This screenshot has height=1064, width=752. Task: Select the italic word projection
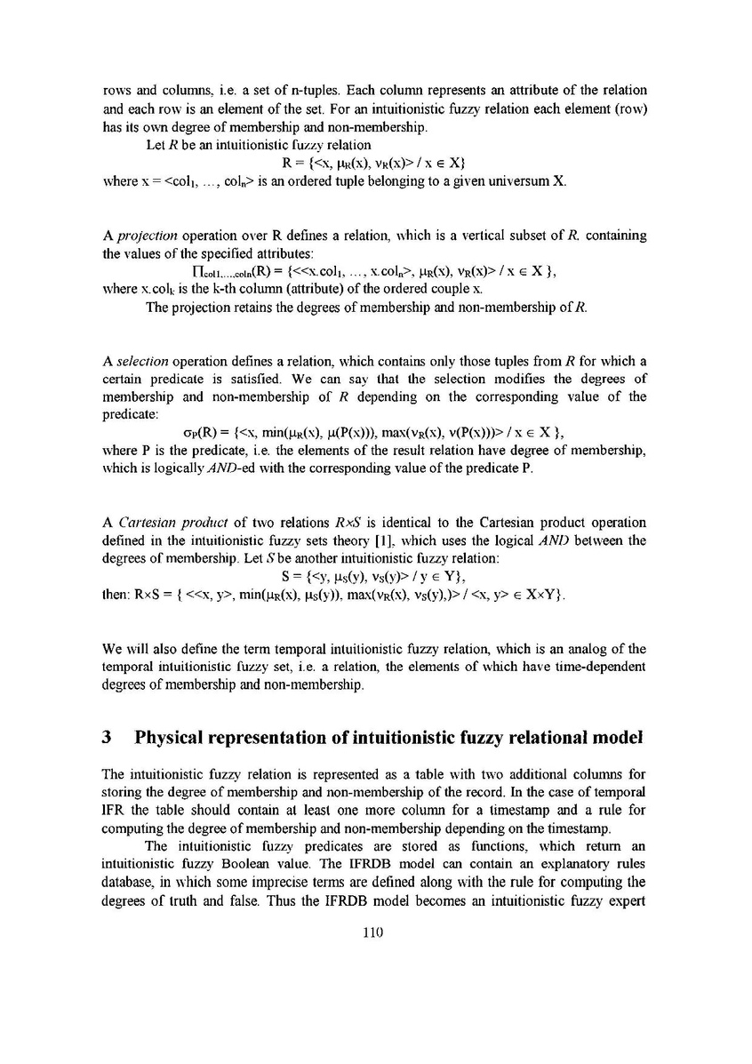(142, 235)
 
